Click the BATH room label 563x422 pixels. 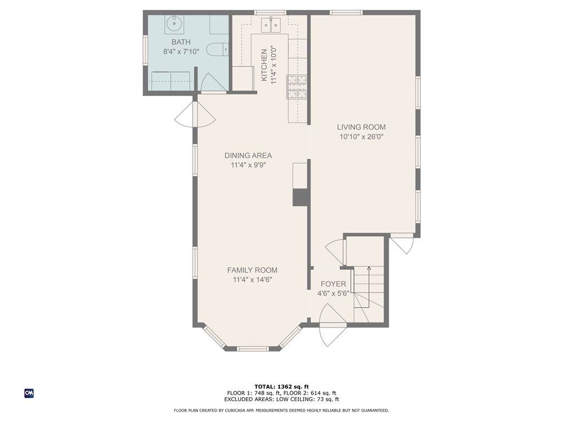pos(181,42)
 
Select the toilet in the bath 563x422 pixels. pos(218,49)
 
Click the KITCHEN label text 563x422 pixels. pos(264,65)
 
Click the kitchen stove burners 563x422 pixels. pos(296,87)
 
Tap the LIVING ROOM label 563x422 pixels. pos(361,127)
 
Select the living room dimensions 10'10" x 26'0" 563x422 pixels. pos(362,137)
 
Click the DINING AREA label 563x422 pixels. pos(248,156)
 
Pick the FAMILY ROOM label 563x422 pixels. pos(252,270)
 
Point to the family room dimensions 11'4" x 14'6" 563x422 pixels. pos(252,280)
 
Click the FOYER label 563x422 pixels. pos(333,284)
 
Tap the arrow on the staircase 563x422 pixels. pos(369,287)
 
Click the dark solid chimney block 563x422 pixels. pos(300,197)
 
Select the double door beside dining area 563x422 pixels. pos(195,114)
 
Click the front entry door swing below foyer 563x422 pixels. pos(333,325)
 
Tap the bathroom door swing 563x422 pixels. pos(213,83)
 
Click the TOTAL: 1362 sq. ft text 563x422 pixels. pos(281,386)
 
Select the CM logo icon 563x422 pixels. pos(29,393)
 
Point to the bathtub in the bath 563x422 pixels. pos(170,81)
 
